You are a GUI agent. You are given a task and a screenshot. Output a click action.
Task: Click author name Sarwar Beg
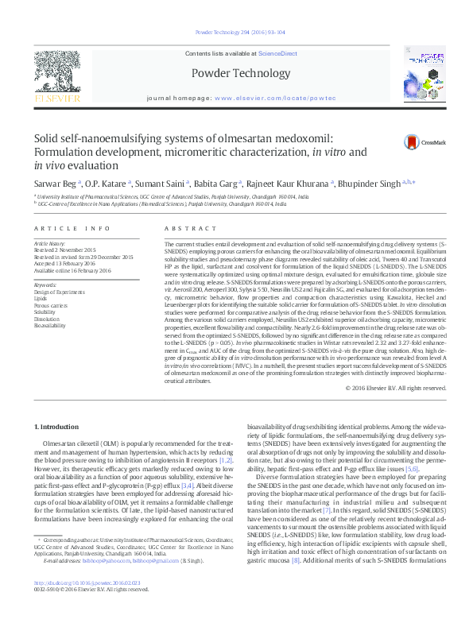tap(54, 182)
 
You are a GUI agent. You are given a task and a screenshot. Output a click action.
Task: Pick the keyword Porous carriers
tap(51, 304)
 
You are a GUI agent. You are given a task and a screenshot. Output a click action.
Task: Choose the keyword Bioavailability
tap(50, 325)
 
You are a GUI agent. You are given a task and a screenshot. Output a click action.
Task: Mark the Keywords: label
tap(46, 284)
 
